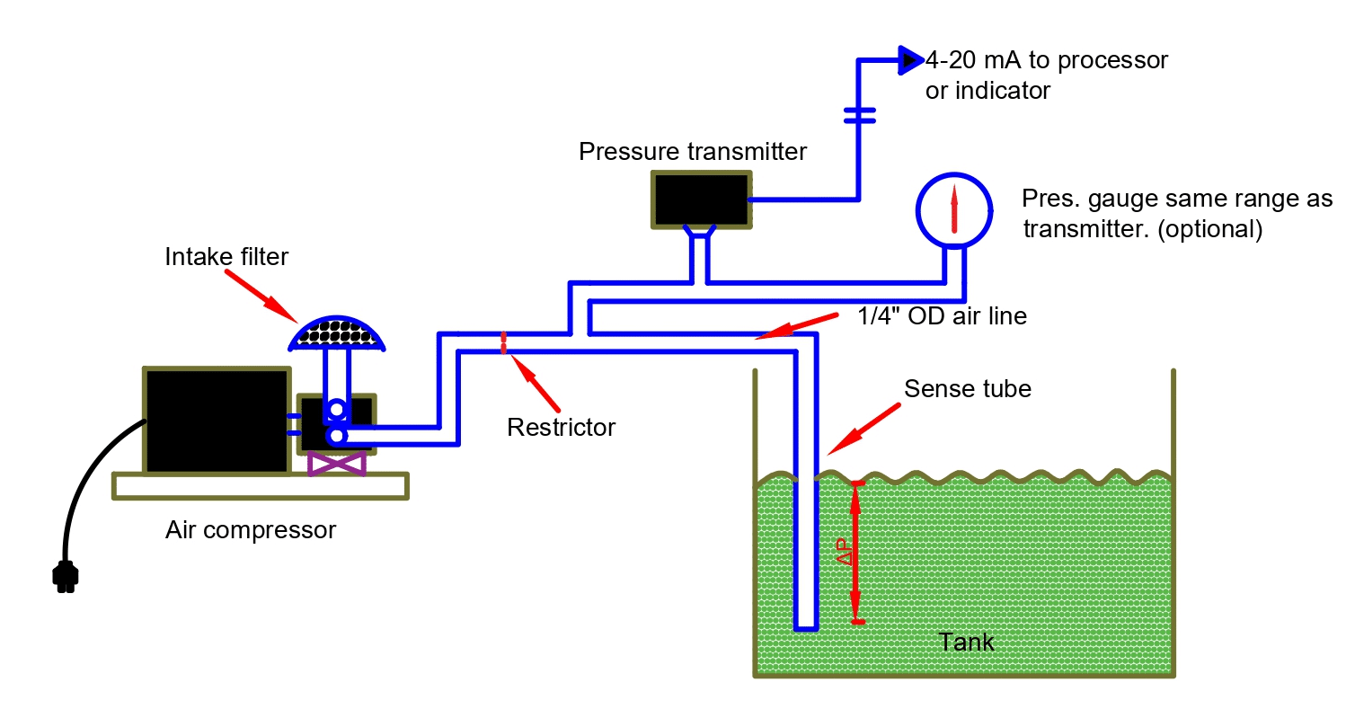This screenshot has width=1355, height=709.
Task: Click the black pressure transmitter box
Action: click(x=701, y=198)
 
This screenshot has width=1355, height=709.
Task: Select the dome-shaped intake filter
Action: click(x=336, y=333)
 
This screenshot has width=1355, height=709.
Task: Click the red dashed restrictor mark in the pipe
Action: click(x=504, y=342)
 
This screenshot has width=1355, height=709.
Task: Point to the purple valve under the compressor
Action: click(x=336, y=464)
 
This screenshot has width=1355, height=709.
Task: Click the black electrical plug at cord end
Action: click(x=64, y=576)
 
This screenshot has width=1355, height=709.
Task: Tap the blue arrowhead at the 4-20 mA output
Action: click(x=909, y=60)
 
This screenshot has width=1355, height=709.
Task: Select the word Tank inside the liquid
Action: click(x=966, y=642)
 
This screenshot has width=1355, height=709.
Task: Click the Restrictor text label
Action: click(x=561, y=427)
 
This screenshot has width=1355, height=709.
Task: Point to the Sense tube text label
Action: click(x=967, y=389)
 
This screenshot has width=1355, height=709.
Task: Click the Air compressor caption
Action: click(x=251, y=530)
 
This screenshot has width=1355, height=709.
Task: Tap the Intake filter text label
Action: click(x=226, y=257)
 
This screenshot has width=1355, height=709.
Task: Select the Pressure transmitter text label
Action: click(x=692, y=151)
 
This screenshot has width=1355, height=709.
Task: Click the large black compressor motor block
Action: click(x=216, y=420)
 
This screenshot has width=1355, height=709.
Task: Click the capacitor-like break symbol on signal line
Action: click(x=859, y=114)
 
